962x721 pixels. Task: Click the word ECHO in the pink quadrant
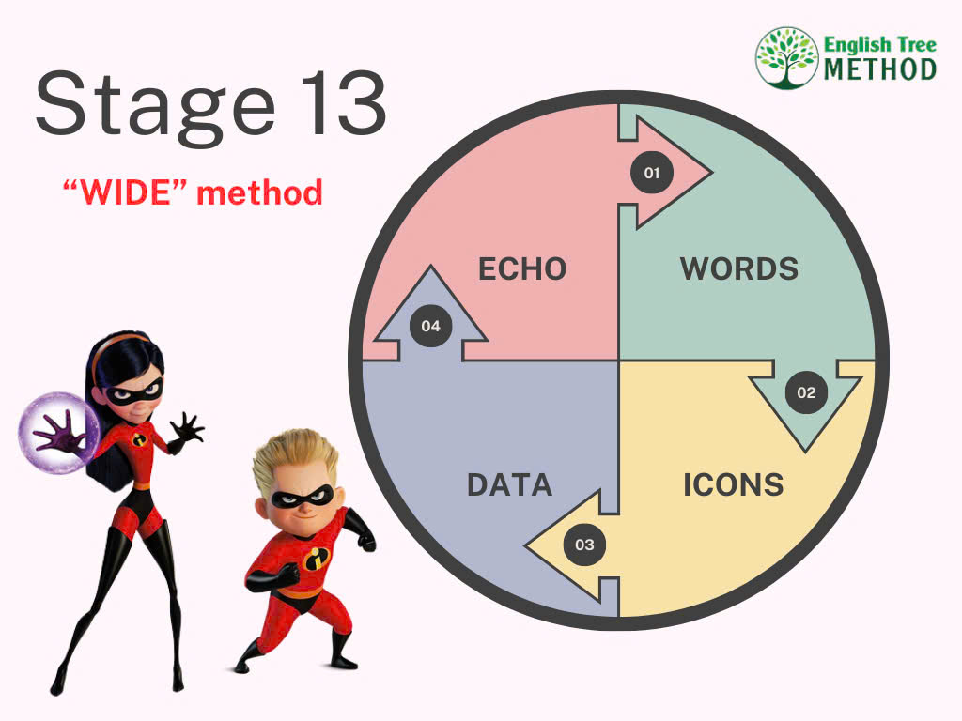tap(522, 269)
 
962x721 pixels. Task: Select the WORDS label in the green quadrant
tap(739, 269)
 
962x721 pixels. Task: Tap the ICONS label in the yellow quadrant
tap(734, 485)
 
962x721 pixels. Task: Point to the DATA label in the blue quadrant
tap(510, 485)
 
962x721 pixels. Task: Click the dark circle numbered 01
tap(652, 173)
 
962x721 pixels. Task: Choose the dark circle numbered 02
tap(806, 392)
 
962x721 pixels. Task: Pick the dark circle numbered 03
tap(584, 545)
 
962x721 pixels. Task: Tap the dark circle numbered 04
tap(430, 326)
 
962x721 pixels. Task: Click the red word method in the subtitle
tap(259, 192)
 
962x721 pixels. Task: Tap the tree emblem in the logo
tap(786, 58)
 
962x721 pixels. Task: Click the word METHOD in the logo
tap(880, 69)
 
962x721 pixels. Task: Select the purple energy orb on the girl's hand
tap(59, 433)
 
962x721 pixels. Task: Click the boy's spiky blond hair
tap(295, 458)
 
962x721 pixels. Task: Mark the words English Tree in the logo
tap(880, 45)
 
